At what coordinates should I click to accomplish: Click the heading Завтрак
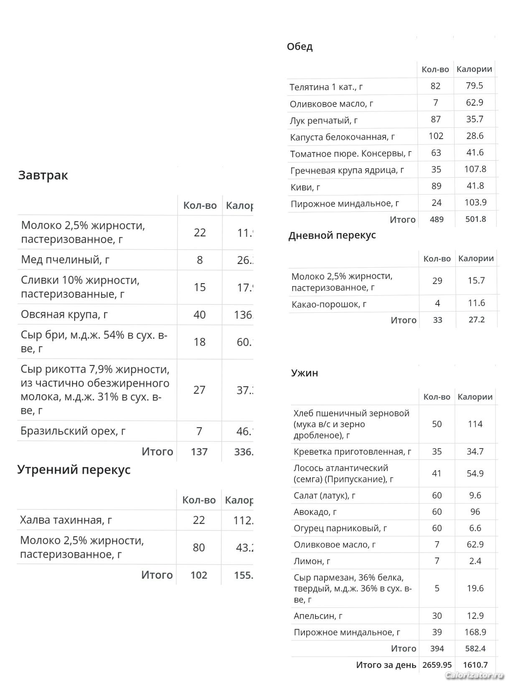coord(43,175)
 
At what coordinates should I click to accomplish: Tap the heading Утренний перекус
coord(74,469)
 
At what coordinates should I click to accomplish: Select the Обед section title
coord(300,46)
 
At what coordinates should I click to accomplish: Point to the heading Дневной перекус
coord(332,235)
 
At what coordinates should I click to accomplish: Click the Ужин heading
coord(305,373)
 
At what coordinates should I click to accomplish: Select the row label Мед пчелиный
coord(65,260)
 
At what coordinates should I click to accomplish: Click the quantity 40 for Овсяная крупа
coord(199,314)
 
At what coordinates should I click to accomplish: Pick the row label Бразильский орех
coord(73,431)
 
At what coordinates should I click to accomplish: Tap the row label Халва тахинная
coord(66,520)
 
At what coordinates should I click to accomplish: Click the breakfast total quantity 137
coord(199,451)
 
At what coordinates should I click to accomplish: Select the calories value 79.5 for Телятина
coord(475,86)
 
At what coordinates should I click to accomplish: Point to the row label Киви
coord(305,187)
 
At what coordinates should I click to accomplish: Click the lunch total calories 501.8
coord(475,219)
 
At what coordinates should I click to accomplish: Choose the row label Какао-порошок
coord(329,304)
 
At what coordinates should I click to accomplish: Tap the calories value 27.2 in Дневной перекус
coord(476,320)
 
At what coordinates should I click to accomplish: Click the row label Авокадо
coord(315,512)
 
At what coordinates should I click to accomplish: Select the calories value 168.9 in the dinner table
coord(475,632)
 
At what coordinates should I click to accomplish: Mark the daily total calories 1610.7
coord(475,665)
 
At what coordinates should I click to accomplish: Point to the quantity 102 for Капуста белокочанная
coord(436,136)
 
